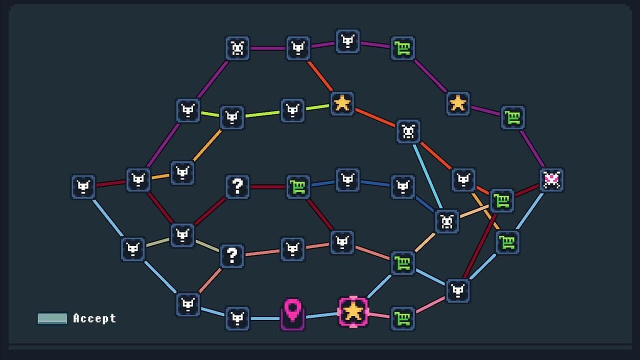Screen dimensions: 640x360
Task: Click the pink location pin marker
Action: [x=292, y=314]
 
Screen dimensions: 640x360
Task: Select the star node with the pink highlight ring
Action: [x=353, y=311]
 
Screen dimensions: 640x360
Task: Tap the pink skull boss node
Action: [x=551, y=180]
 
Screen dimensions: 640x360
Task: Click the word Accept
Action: [x=94, y=318]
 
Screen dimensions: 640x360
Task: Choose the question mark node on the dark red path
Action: [x=237, y=187]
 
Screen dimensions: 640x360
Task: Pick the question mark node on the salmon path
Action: [x=232, y=255]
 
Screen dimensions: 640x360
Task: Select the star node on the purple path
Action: [x=457, y=103]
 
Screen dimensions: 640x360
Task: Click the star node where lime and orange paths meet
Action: [x=342, y=103]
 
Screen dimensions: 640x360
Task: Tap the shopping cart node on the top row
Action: [x=402, y=48]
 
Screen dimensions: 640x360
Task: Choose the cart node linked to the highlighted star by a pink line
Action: [x=402, y=318]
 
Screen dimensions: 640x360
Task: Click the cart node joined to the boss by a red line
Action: [x=502, y=201]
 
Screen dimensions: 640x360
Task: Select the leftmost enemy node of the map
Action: [x=83, y=187]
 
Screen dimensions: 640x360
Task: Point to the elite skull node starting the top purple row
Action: [x=237, y=48]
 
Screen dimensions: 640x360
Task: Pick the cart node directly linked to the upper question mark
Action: [x=298, y=187]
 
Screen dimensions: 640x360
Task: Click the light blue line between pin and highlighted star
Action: [x=321, y=315]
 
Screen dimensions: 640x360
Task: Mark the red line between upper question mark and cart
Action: [x=267, y=187]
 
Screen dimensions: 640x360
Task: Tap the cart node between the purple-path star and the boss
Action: [x=513, y=117]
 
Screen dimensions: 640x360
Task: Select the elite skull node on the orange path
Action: [x=408, y=131]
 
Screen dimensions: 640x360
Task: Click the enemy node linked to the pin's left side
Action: [x=237, y=318]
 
